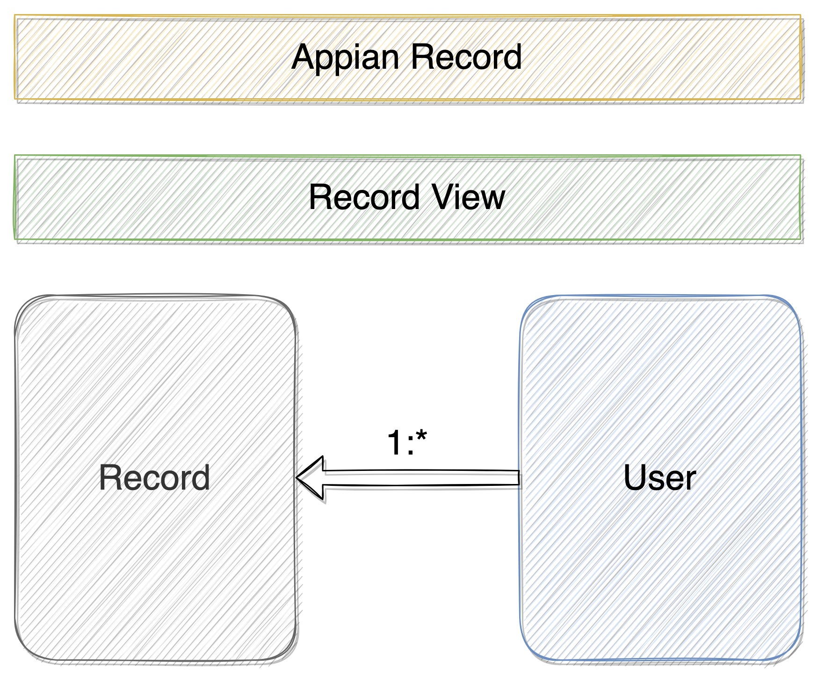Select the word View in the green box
click(x=468, y=197)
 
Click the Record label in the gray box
click(x=154, y=478)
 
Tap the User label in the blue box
click(x=659, y=478)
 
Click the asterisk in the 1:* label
click(x=421, y=438)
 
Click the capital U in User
click(x=635, y=478)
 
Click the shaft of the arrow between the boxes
click(x=421, y=478)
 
